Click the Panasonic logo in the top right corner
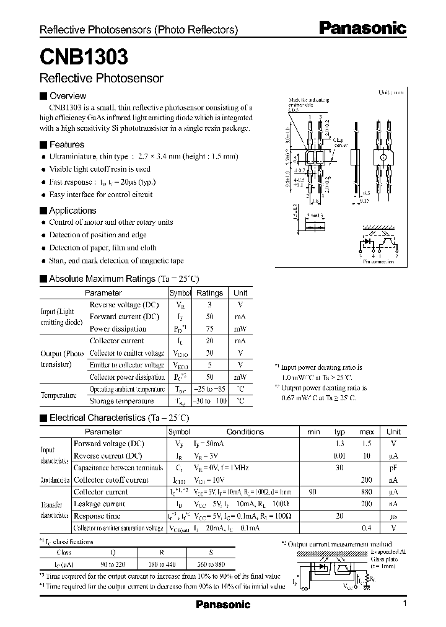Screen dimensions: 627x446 click(x=362, y=28)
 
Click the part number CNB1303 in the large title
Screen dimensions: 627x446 click(x=84, y=58)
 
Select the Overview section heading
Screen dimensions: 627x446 click(x=68, y=96)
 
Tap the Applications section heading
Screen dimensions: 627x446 click(x=72, y=211)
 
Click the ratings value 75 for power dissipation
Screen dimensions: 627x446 click(x=209, y=329)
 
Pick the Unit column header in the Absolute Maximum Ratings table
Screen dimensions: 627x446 click(x=240, y=292)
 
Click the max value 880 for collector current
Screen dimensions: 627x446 click(x=367, y=492)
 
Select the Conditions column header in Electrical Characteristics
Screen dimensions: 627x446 click(x=245, y=432)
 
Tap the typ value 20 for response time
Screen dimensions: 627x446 click(x=339, y=516)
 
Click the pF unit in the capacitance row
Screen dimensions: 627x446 click(x=393, y=468)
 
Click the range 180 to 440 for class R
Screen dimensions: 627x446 click(x=162, y=565)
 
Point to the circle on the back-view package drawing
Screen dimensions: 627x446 click(x=382, y=157)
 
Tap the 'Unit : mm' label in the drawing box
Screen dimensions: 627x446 click(x=391, y=92)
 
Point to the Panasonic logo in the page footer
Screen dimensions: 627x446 click(x=222, y=605)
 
